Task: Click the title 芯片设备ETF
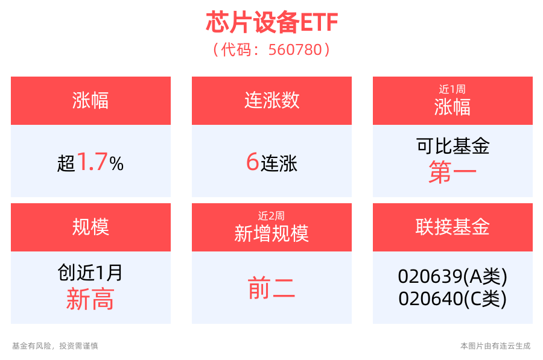click(x=271, y=23)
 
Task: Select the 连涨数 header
click(x=271, y=100)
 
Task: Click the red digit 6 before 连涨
click(x=252, y=162)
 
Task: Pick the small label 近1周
click(x=453, y=89)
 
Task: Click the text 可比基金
click(x=453, y=146)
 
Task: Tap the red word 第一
click(x=453, y=174)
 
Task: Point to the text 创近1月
click(x=91, y=273)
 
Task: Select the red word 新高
click(x=91, y=300)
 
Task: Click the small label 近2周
click(x=271, y=215)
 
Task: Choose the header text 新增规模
click(x=271, y=233)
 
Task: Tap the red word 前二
click(x=271, y=289)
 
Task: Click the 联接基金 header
click(x=453, y=227)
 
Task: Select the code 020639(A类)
click(x=453, y=276)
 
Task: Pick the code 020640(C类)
click(x=453, y=298)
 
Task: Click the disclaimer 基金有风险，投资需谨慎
click(x=55, y=346)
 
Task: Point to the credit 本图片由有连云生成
click(x=495, y=346)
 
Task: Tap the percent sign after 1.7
click(x=116, y=163)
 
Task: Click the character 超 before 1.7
click(x=66, y=163)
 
